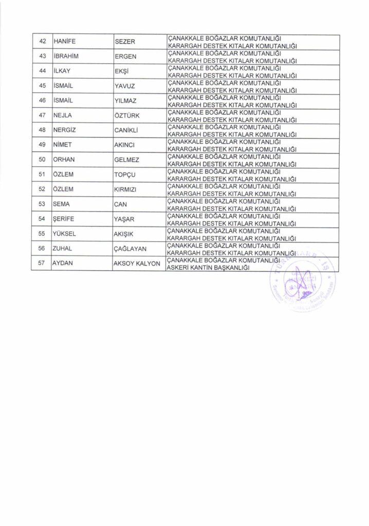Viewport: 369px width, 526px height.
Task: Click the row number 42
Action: [x=43, y=42]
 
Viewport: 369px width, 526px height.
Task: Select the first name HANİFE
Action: [x=65, y=42]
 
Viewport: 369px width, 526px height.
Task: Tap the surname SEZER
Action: [x=124, y=42]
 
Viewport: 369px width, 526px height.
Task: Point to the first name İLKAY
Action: [x=63, y=72]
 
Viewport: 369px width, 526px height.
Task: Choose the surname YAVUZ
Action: [x=125, y=87]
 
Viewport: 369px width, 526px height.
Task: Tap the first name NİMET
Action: [x=63, y=146]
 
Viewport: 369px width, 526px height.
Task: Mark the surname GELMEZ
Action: [x=126, y=161]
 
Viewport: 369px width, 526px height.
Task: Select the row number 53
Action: [x=43, y=205]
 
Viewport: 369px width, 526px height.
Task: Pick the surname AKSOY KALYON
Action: [x=137, y=265]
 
